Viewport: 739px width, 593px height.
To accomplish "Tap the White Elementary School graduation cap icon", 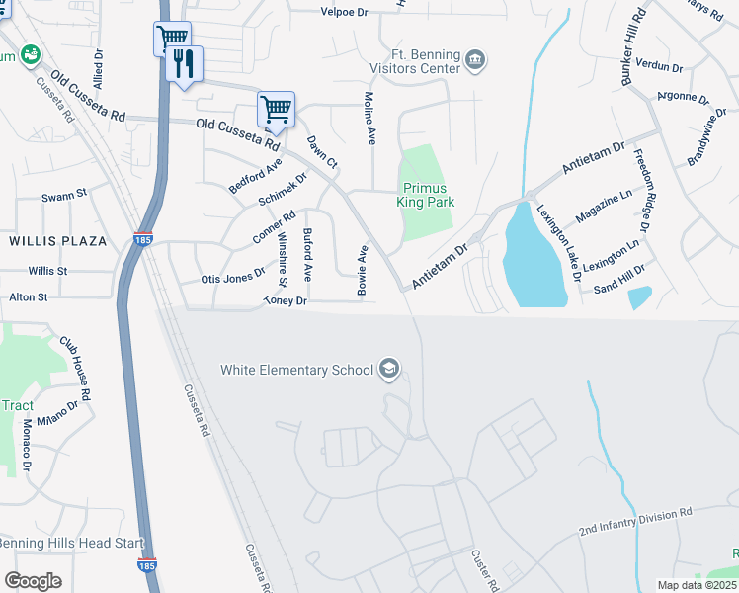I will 389,370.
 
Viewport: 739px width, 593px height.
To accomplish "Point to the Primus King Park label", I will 425,195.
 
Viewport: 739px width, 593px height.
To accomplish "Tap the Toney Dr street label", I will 287,300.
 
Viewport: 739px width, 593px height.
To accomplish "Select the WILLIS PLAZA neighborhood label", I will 50,240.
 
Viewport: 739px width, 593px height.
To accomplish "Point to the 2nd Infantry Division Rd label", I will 636,522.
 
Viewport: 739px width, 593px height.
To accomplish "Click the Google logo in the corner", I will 33,580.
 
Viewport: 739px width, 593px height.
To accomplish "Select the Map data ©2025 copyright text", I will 697,585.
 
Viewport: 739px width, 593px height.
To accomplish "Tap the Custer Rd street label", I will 483,570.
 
